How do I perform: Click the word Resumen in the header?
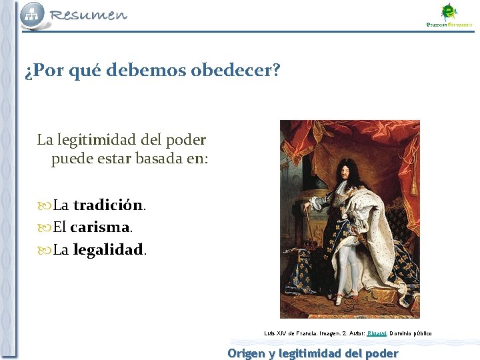(89, 15)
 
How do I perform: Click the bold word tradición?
(108, 205)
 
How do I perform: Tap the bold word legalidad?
(108, 250)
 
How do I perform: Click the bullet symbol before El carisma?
(45, 228)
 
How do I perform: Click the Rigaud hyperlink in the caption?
(377, 333)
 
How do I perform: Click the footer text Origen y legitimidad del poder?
(313, 353)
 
